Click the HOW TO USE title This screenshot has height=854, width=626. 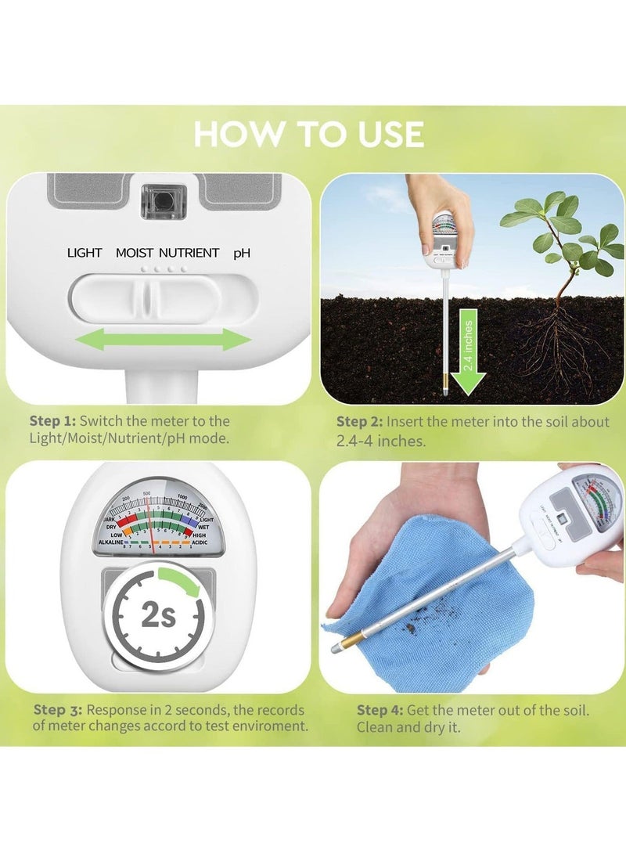pyautogui.click(x=309, y=133)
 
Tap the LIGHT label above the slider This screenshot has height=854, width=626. pyautogui.click(x=85, y=253)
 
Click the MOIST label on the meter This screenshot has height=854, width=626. pyautogui.click(x=135, y=253)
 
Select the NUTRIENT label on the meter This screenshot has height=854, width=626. pyautogui.click(x=189, y=253)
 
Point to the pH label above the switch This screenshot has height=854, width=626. pyautogui.click(x=242, y=253)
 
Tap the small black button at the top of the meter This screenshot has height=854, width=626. pyautogui.click(x=164, y=200)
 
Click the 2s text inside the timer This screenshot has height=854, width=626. pyautogui.click(x=157, y=615)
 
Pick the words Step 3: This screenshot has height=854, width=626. pyautogui.click(x=58, y=710)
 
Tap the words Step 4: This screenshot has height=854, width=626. pyautogui.click(x=380, y=711)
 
